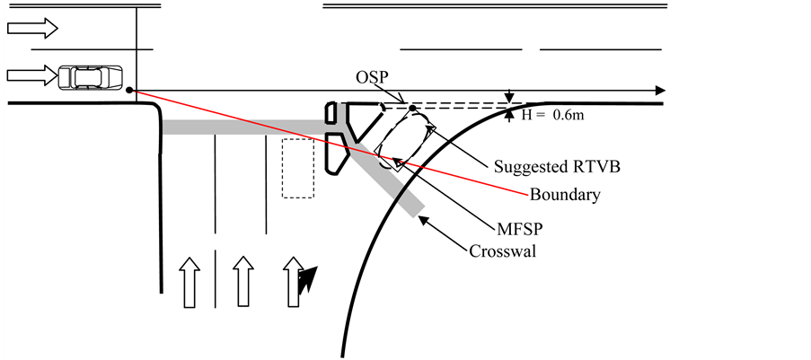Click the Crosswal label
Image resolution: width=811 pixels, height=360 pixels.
[503, 250]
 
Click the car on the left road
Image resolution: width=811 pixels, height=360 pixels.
[90, 77]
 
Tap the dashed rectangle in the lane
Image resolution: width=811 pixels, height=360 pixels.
[298, 168]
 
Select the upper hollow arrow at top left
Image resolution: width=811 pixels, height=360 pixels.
[32, 29]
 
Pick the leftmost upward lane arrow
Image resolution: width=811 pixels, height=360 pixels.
[188, 281]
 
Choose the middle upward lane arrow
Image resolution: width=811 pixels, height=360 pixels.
[240, 281]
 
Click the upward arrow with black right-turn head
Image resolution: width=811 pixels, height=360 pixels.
[295, 281]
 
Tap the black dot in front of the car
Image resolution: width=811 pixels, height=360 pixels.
[130, 91]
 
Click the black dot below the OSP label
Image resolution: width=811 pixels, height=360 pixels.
[412, 109]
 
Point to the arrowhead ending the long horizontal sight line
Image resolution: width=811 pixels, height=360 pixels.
[660, 91]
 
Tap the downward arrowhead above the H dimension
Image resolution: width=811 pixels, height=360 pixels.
[510, 98]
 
